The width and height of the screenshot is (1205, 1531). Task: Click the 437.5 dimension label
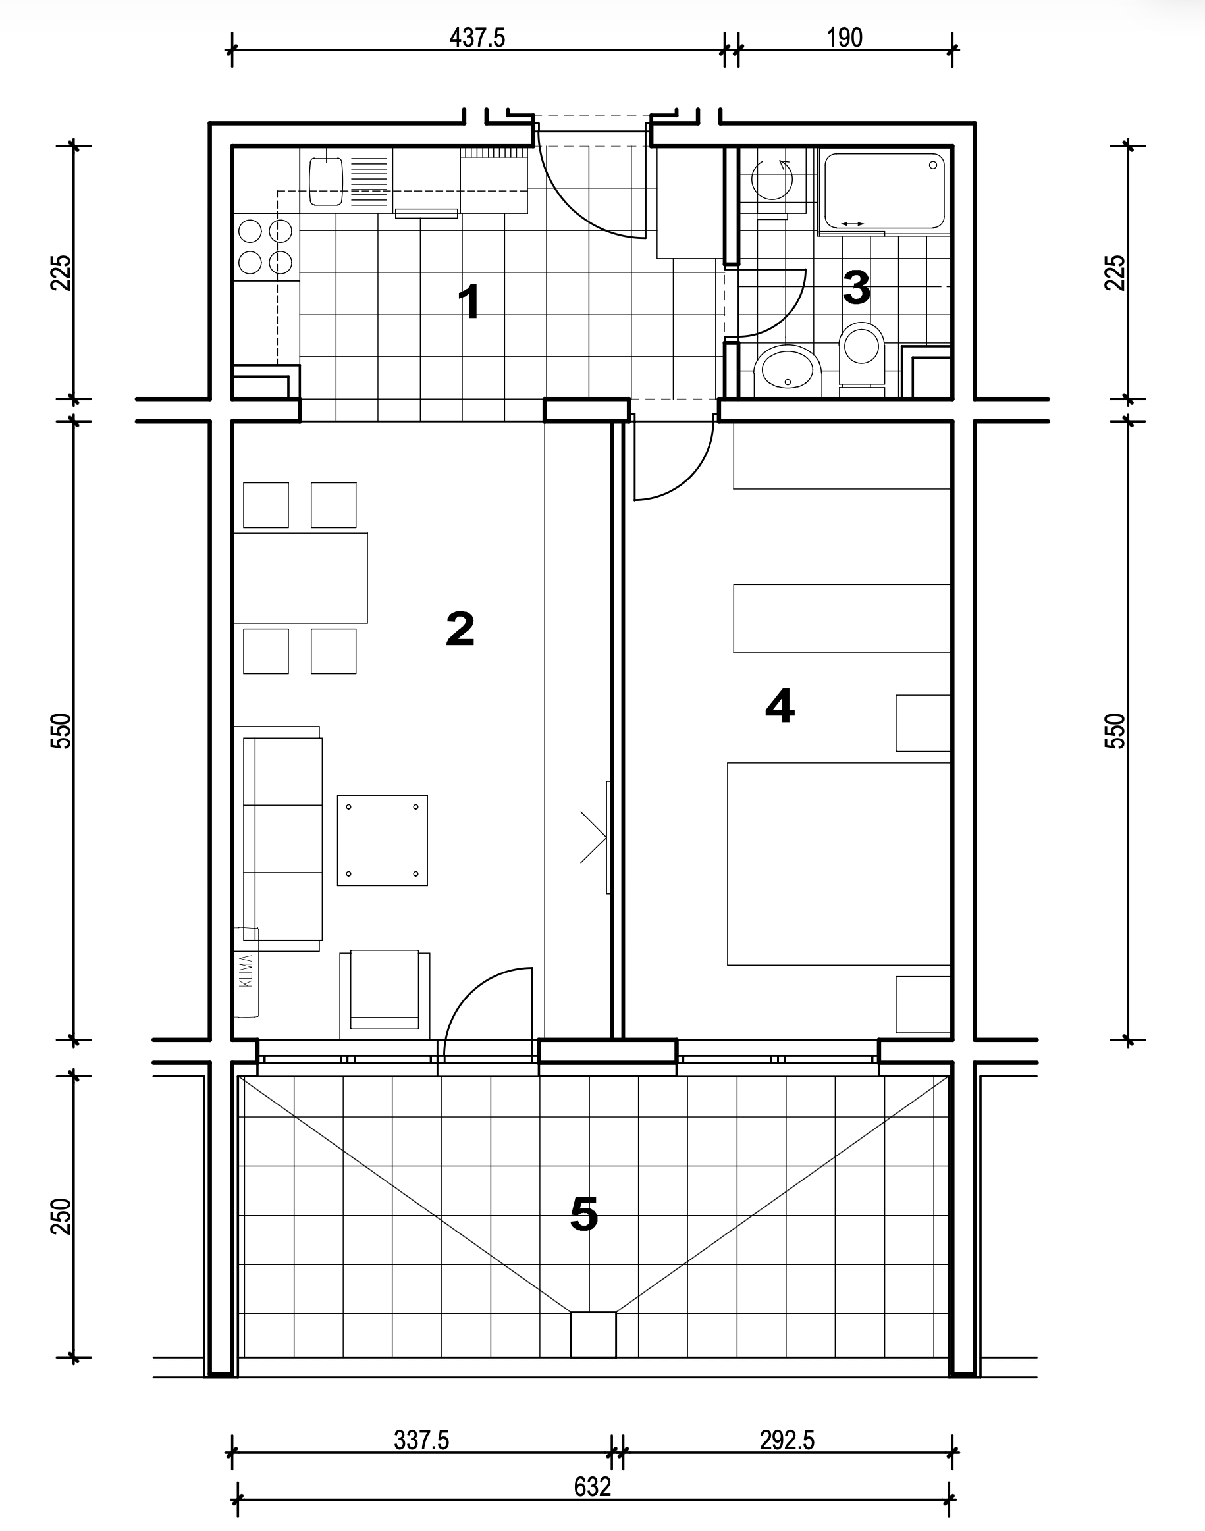477,38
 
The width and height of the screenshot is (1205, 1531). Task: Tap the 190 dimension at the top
843,38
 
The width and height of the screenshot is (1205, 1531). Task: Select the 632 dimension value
592,1487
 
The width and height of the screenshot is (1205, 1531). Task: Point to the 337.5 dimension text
421,1440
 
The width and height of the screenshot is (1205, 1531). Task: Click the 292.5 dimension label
787,1440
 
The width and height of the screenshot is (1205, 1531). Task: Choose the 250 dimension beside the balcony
62,1216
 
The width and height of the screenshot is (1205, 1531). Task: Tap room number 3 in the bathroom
857,287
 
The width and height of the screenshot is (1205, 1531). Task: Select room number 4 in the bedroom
780,705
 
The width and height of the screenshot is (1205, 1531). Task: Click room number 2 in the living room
460,629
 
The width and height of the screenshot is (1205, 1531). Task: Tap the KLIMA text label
246,971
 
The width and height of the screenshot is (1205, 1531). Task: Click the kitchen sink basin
326,181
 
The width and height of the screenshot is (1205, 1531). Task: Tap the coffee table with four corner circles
383,841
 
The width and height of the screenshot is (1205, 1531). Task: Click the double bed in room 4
839,863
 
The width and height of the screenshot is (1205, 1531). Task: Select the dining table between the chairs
300,579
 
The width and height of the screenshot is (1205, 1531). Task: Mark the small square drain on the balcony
593,1334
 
